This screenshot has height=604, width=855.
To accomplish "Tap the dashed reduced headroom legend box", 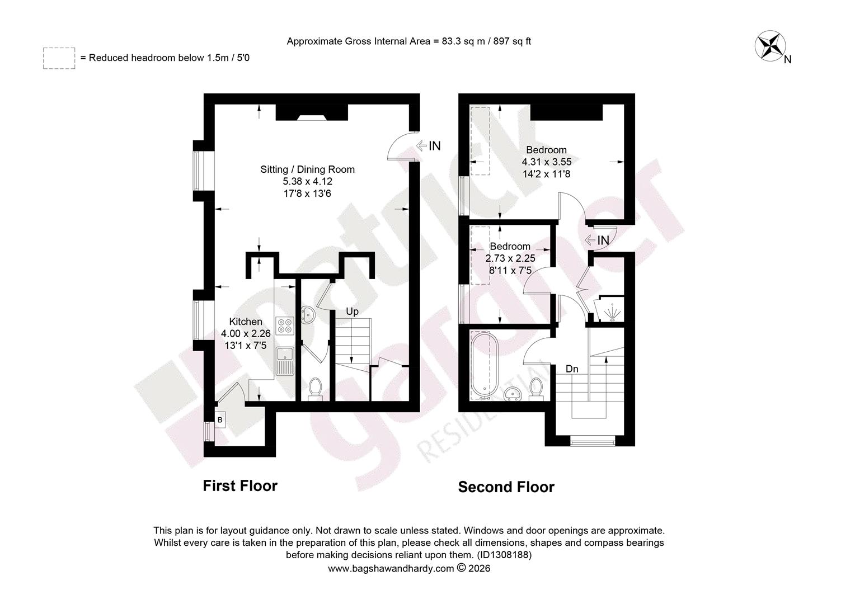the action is pos(59,58).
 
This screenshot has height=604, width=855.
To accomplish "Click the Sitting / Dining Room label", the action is pos(307,169).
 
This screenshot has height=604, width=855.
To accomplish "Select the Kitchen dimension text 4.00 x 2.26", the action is pos(246,333).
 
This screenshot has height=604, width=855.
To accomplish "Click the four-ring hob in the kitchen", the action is pos(285,325).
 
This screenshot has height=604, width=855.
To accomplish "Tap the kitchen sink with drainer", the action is pos(285,361).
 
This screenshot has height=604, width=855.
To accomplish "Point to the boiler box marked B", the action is pos(220,419).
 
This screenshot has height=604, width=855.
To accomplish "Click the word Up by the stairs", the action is pos(352,312).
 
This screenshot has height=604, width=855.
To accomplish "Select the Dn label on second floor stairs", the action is pos(572,369).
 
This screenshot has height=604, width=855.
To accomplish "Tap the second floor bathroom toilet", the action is pos(536,390).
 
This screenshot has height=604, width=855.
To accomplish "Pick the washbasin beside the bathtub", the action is pos(513,394).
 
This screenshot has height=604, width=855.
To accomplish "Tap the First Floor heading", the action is pos(240,486).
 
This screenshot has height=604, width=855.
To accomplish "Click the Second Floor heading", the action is pos(506,487).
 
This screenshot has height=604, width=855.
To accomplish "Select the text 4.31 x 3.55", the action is pos(547,162).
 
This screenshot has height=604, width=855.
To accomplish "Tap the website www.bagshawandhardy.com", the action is pos(391,569).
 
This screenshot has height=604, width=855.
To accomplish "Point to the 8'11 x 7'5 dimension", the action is pos(510,271).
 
